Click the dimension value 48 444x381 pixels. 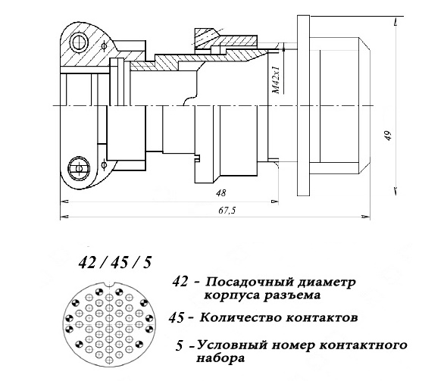click(x=221, y=193)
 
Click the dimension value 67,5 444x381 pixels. click(x=227, y=211)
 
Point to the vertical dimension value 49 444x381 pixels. click(x=389, y=136)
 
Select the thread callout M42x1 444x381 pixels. click(x=276, y=80)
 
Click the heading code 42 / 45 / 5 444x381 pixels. click(x=115, y=262)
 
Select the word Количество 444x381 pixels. click(x=242, y=317)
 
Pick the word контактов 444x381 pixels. click(x=322, y=318)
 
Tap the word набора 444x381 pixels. click(x=220, y=358)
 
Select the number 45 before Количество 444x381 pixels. click(x=176, y=318)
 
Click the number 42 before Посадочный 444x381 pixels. click(x=180, y=282)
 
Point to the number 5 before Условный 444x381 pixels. click(x=179, y=346)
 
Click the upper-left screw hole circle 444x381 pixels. click(x=79, y=43)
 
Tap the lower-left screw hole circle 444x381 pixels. click(x=79, y=169)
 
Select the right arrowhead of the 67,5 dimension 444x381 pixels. click(x=367, y=217)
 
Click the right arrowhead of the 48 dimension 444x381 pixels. click(x=275, y=201)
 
